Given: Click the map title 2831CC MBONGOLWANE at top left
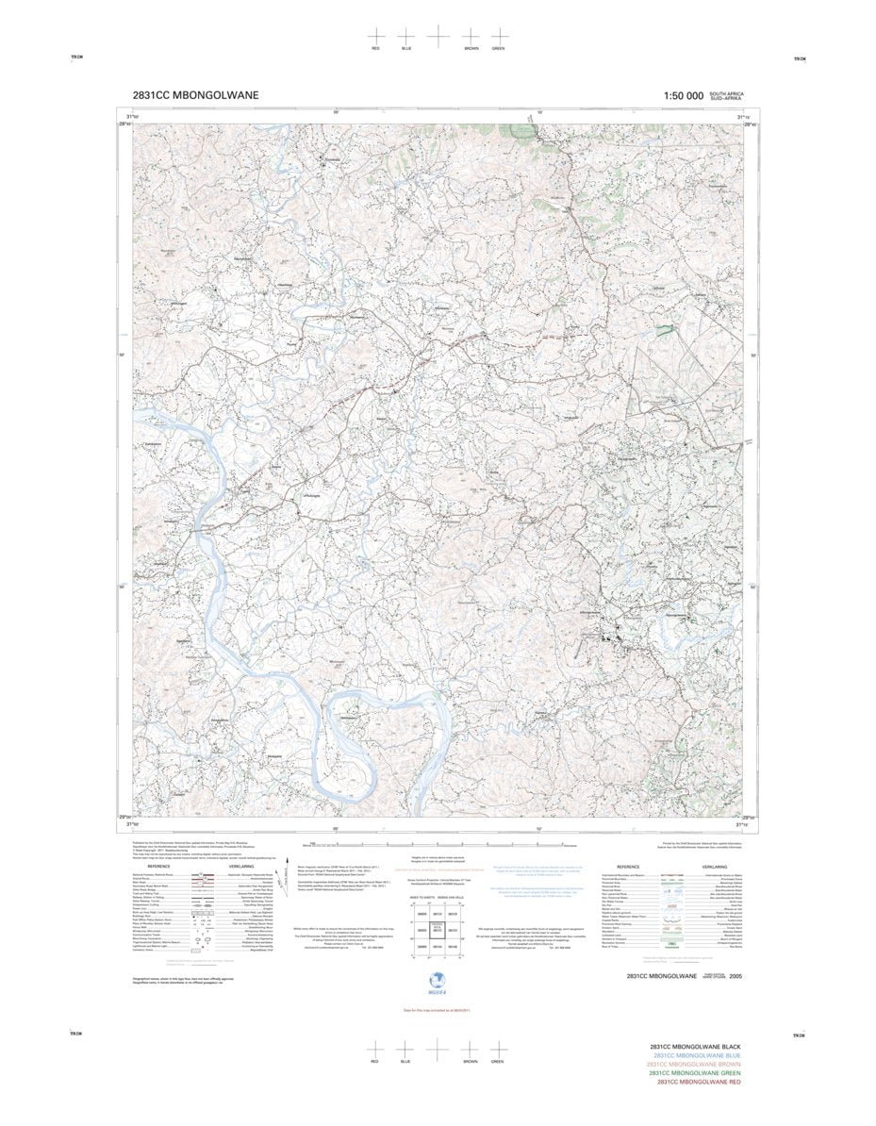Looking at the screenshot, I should click(x=196, y=95).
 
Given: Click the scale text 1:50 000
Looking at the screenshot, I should click(x=684, y=95).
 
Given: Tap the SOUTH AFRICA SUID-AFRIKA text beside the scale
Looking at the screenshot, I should click(x=727, y=95).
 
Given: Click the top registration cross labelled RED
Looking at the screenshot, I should click(x=376, y=35).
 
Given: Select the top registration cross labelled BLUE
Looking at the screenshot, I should click(x=406, y=35).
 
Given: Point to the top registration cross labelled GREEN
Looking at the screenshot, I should click(x=498, y=35).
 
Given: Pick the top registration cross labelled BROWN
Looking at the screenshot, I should click(x=471, y=35).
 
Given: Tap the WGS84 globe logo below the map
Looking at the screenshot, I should click(x=437, y=981).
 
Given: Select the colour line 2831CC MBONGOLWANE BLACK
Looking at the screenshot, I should click(x=695, y=1047).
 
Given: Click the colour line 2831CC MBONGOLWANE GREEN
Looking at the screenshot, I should click(x=695, y=1073).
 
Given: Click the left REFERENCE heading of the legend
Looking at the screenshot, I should click(x=159, y=866).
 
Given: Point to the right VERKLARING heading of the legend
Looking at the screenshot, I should click(x=714, y=866).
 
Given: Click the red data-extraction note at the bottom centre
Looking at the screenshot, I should click(x=438, y=1011).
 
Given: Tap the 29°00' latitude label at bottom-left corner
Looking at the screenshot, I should click(x=124, y=817).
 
